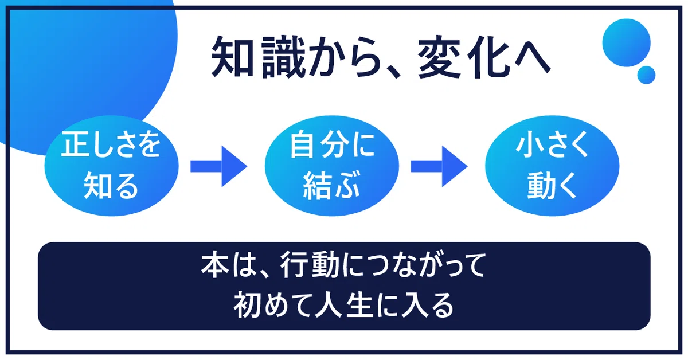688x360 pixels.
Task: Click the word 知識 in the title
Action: [x=259, y=57]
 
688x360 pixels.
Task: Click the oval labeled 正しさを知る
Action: [x=111, y=166]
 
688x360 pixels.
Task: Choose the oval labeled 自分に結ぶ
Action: [x=332, y=166]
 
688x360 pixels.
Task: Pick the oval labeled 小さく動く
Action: [x=552, y=166]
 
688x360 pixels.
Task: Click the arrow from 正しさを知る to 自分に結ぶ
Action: [x=218, y=166]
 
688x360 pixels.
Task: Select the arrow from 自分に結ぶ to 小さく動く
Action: [x=439, y=166]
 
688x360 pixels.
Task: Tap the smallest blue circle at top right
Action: [x=647, y=75]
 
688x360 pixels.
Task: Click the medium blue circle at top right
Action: [x=626, y=42]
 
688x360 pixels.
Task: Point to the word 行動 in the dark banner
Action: [x=309, y=265]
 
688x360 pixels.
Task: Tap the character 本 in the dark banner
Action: [x=216, y=265]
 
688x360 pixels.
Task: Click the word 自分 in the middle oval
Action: [x=319, y=144]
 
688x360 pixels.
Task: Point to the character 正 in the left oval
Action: [x=75, y=144]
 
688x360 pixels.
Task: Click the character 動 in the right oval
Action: [x=541, y=186]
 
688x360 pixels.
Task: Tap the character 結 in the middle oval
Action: [x=316, y=186]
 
